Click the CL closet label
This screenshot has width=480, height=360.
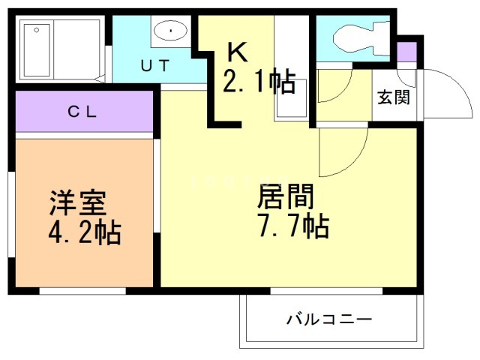[x=83, y=112]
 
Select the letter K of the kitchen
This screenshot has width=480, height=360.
[x=237, y=52]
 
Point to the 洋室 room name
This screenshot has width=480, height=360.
[x=78, y=202]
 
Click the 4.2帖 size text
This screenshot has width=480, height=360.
[x=85, y=232]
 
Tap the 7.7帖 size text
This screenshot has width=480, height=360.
[x=293, y=224]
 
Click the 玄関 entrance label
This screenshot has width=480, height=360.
[x=393, y=97]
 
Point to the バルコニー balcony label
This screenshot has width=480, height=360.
[x=328, y=320]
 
